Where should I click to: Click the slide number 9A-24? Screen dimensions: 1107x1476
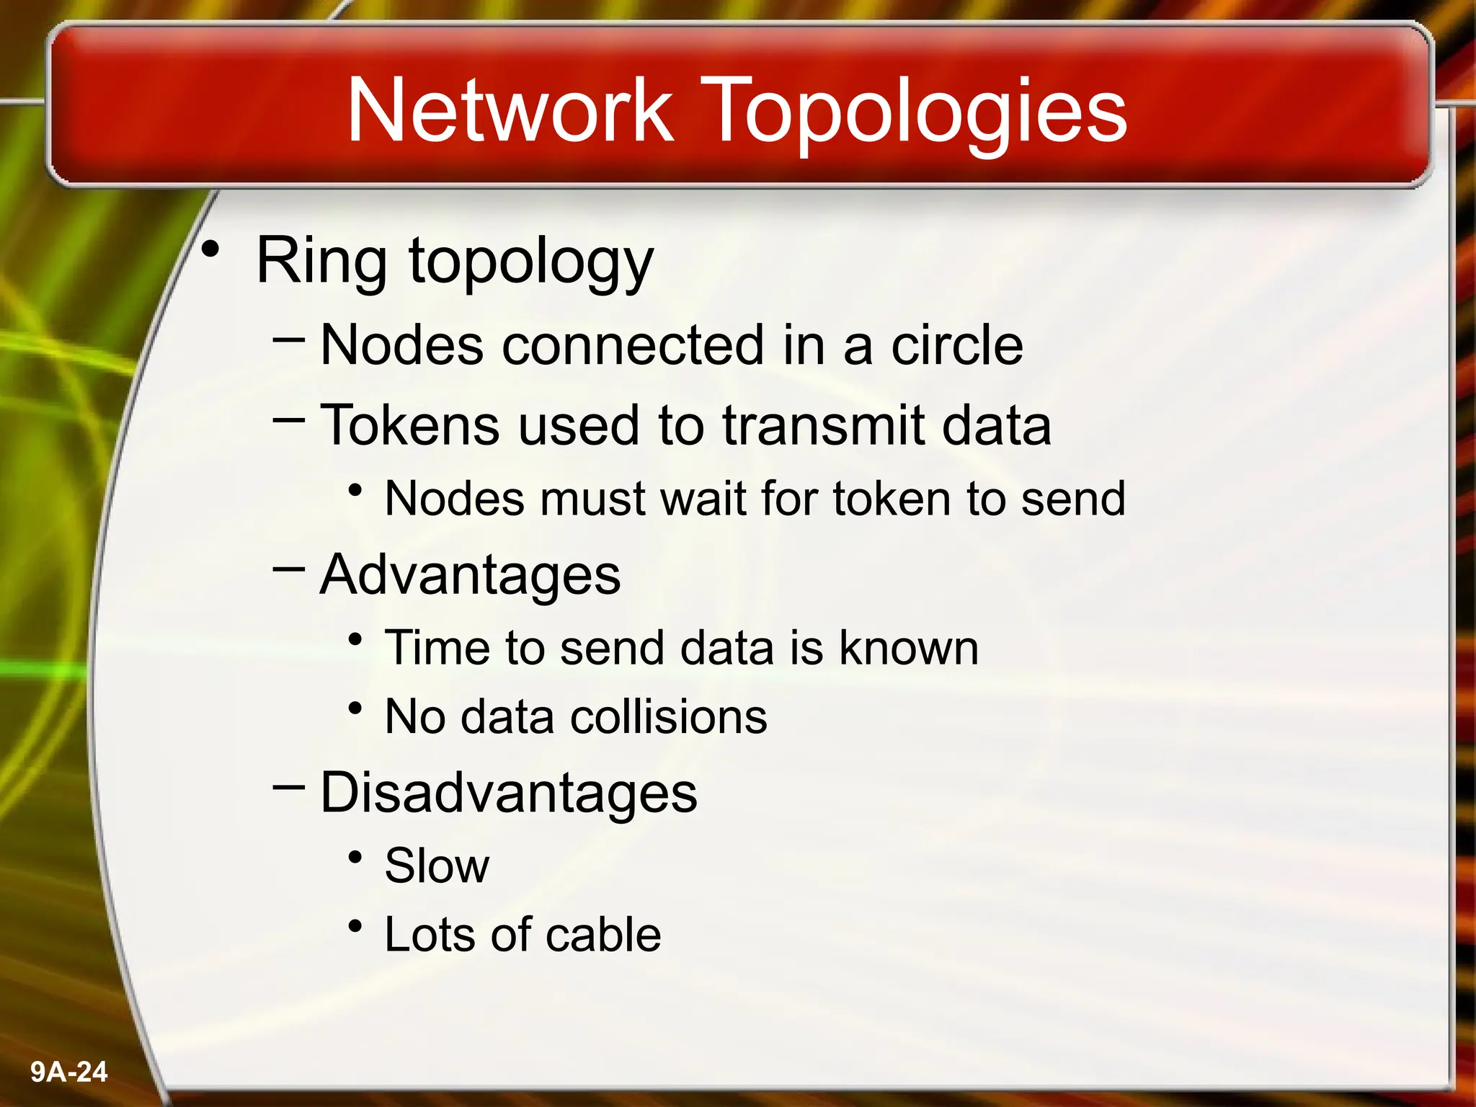coord(69,1072)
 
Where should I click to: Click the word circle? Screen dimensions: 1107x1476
coord(956,345)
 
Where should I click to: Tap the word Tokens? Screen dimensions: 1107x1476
coord(409,424)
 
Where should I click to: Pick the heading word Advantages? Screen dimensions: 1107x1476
coord(470,575)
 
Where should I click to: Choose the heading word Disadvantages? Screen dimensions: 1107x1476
coord(508,793)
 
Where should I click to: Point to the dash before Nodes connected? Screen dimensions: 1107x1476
coord(288,336)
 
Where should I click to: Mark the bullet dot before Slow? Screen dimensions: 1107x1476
coord(355,857)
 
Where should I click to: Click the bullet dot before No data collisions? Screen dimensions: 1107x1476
coord(355,708)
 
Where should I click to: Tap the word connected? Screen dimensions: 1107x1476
coord(632,345)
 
